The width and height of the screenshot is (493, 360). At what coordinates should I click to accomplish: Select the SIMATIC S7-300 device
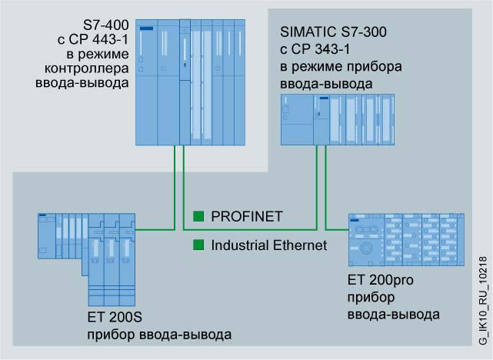click(x=337, y=119)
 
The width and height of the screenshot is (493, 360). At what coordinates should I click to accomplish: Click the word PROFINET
click(x=246, y=216)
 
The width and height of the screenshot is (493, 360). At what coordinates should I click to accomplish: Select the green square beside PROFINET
click(x=198, y=216)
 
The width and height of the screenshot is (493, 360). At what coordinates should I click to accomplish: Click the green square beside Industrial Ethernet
click(x=198, y=245)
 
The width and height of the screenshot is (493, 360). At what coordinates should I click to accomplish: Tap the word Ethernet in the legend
click(x=298, y=245)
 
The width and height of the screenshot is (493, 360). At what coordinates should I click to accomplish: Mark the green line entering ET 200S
click(x=154, y=228)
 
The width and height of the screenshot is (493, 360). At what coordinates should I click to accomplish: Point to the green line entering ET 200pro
click(x=335, y=228)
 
